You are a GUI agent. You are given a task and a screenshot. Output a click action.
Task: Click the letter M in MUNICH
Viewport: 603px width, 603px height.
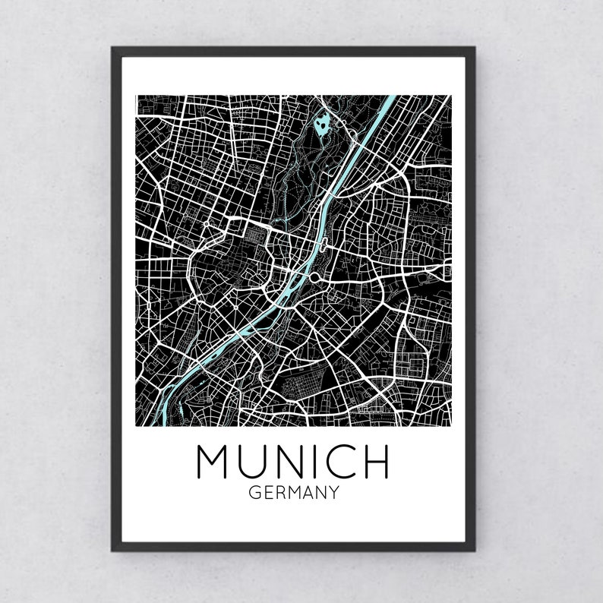(215, 462)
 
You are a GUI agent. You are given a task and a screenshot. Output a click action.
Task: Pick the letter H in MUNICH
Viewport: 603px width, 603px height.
(376, 462)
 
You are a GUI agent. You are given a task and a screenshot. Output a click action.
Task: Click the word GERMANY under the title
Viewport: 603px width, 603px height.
(293, 493)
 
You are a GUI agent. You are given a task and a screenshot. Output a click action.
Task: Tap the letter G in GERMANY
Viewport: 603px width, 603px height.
(254, 493)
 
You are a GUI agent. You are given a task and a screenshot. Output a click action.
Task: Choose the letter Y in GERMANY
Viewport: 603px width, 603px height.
(333, 493)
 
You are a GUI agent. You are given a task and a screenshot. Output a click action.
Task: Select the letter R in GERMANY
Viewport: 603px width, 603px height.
(277, 493)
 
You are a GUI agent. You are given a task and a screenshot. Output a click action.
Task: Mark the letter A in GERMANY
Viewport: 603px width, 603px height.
(306, 493)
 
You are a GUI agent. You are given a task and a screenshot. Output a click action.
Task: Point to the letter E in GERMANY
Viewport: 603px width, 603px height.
(266, 493)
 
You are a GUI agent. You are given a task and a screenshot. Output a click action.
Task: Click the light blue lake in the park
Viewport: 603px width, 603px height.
(322, 122)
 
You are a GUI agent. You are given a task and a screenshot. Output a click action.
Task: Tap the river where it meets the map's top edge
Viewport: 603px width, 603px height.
(391, 98)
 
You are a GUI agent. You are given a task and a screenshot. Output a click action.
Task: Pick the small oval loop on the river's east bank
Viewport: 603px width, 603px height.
(325, 245)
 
